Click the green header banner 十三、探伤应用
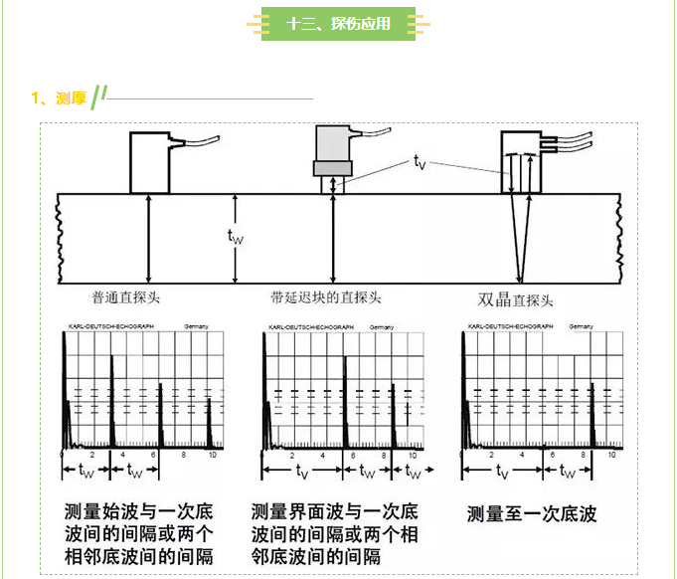click(338, 23)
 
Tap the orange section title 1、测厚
click(58, 97)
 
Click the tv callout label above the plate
click(420, 162)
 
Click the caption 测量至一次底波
click(532, 514)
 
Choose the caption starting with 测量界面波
click(335, 533)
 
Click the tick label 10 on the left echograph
click(212, 455)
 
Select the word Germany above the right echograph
click(582, 327)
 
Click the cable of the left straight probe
click(199, 141)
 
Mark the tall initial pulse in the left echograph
click(65, 388)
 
